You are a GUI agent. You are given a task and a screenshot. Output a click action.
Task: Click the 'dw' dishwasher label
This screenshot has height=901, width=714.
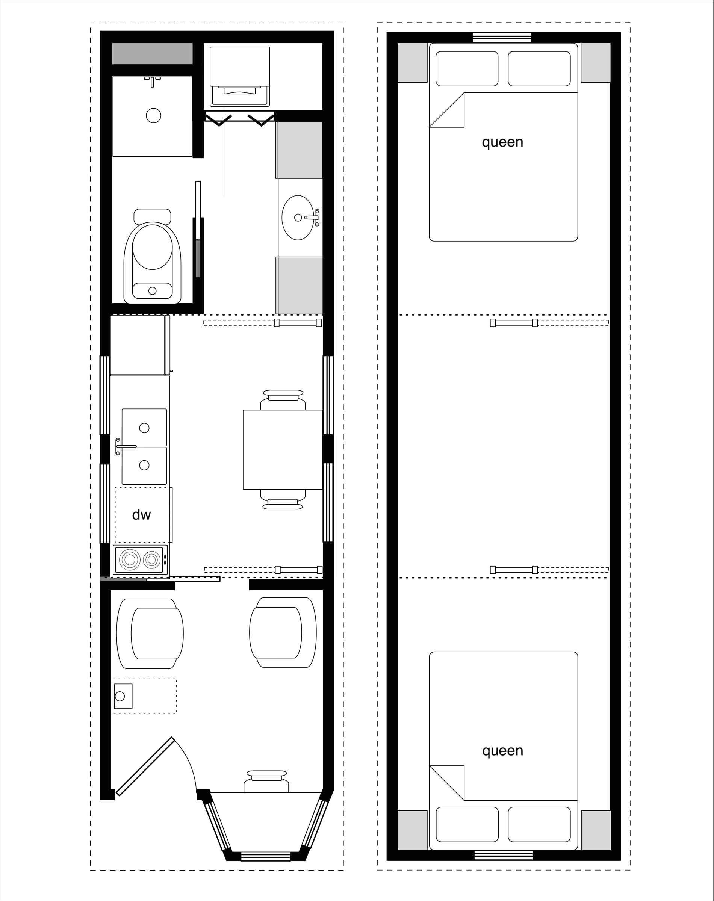(x=141, y=515)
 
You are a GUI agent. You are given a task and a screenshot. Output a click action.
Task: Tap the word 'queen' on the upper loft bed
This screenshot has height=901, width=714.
(x=502, y=142)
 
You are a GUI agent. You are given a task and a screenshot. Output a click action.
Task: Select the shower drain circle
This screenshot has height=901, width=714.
(x=153, y=115)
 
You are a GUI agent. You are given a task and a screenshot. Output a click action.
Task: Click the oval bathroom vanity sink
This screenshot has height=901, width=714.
(x=297, y=217)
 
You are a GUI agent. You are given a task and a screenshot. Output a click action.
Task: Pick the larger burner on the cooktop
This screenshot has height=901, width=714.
(x=130, y=559)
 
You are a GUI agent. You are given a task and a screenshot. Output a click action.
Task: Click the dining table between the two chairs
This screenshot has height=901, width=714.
(x=283, y=449)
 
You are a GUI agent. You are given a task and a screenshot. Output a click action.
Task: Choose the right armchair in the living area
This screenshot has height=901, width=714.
(x=283, y=632)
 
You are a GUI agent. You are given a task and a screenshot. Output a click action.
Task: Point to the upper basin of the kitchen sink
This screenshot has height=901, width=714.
(x=144, y=427)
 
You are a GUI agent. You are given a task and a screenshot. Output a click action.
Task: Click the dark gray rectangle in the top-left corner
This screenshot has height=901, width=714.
(x=152, y=53)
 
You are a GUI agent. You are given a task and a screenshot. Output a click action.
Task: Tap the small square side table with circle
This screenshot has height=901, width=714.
(x=123, y=696)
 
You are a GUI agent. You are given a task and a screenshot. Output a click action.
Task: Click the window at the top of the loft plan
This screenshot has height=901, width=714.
(x=502, y=38)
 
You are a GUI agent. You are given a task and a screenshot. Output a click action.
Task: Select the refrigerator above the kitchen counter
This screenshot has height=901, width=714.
(x=138, y=345)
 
